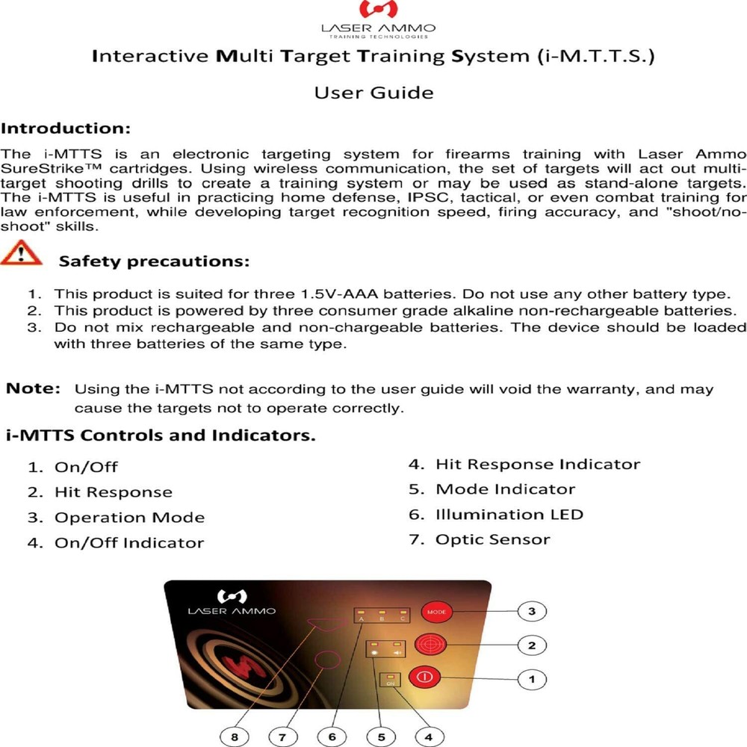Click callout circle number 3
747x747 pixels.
[x=531, y=611]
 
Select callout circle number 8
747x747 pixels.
[x=235, y=736]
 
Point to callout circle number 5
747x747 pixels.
[x=381, y=736]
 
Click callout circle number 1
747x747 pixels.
[x=531, y=679]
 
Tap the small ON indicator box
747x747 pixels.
[x=391, y=679]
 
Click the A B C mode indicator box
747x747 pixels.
[x=382, y=615]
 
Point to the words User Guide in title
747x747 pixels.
[x=373, y=93]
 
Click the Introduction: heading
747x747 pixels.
[x=66, y=128]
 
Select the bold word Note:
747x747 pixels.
[x=33, y=388]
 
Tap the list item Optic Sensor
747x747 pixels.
[x=492, y=539]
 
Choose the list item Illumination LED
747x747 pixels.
[x=509, y=515]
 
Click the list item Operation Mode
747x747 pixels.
[x=129, y=518]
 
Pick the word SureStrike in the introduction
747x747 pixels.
[x=37, y=170]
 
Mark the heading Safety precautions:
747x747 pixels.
[x=154, y=261]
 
